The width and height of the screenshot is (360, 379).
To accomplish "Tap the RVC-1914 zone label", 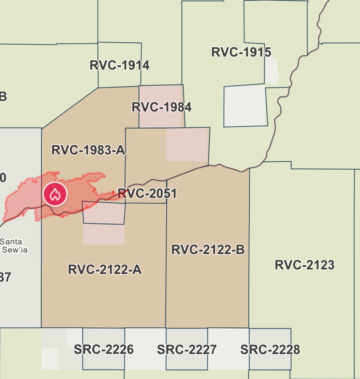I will point(119,65).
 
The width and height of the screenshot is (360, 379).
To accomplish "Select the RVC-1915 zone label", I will point(241,52).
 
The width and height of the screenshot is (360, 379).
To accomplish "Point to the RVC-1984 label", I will point(161,107).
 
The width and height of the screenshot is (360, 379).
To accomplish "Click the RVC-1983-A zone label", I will point(88,150).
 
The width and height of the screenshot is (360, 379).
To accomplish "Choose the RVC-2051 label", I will point(147,193).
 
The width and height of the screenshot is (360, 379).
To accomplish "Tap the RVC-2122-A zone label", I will point(105,270).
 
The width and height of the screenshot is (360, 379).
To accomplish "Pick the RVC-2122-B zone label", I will point(208,250).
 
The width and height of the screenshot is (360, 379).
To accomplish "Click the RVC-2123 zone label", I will point(304,265).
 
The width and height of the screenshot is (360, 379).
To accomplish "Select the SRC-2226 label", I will point(104,349).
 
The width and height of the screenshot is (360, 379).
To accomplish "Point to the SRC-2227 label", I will point(187,349).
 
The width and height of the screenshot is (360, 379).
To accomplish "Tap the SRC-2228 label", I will point(270,349).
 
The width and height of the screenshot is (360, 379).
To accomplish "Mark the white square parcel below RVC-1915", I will point(245,106).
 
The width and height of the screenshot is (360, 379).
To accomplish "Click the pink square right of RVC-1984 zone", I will point(187,144).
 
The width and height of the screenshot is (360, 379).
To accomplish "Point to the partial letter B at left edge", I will point(3,96).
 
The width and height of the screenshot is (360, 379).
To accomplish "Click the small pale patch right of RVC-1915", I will point(272,71).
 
